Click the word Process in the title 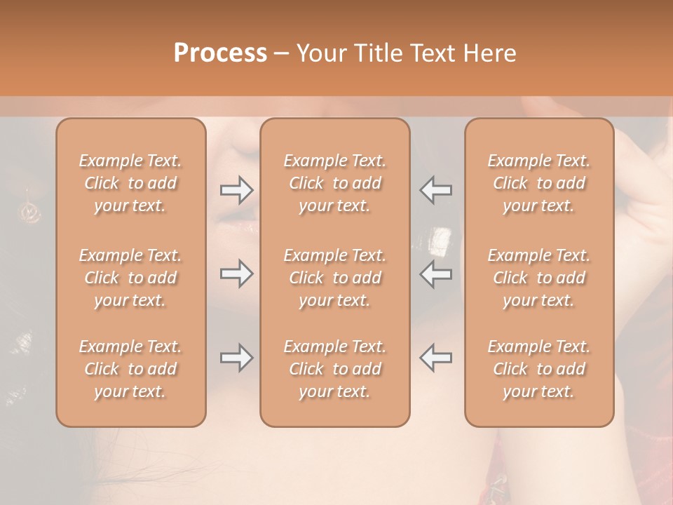pos(220,53)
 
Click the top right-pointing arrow pos(236,190)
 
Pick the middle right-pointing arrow pos(236,274)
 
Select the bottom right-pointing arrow pos(236,358)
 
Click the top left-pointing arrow pos(436,190)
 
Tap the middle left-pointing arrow pos(436,274)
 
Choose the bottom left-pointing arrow pos(436,358)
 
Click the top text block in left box pos(130,183)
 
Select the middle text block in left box pos(130,278)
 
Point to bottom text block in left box pos(130,369)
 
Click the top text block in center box pos(335,183)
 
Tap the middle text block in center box pos(335,278)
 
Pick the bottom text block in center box pos(335,369)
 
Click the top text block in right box pos(539,183)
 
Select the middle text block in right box pos(539,278)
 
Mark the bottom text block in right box pos(539,369)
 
